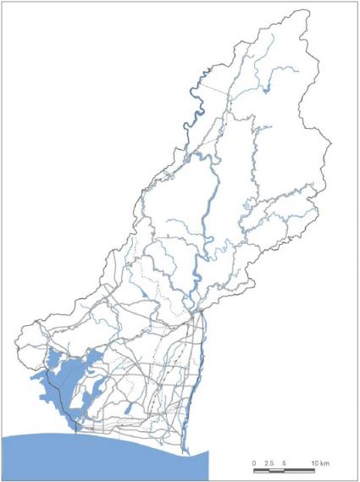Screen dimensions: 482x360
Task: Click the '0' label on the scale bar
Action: click(254, 463)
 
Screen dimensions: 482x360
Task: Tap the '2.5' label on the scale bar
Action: click(269, 463)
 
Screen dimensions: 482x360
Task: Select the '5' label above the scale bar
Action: click(284, 463)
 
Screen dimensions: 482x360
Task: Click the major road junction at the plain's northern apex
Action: click(200, 314)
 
